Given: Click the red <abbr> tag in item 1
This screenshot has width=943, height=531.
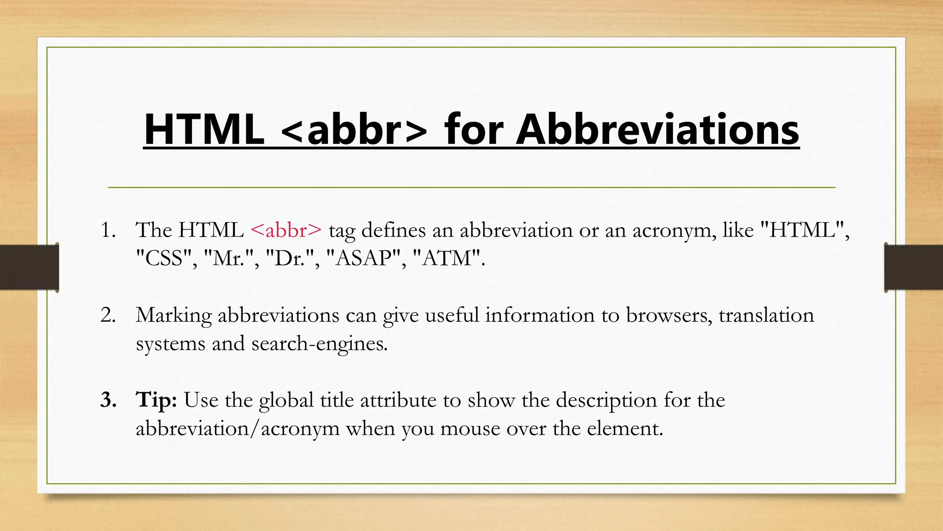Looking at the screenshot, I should click(x=286, y=230).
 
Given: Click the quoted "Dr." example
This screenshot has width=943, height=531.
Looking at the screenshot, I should click(x=290, y=258).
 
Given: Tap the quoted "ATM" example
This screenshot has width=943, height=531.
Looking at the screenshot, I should click(x=447, y=258).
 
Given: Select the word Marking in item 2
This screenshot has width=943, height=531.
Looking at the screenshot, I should click(x=174, y=316).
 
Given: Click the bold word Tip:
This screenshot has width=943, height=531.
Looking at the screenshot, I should click(x=157, y=400).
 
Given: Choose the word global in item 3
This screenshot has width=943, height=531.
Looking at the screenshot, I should click(x=286, y=400).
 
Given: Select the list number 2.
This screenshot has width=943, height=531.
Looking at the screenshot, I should click(x=108, y=315).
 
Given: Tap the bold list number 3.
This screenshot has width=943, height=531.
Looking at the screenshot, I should click(x=108, y=400).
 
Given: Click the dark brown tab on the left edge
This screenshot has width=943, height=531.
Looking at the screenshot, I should click(x=29, y=267).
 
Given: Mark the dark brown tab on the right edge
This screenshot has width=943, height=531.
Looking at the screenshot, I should click(x=914, y=267).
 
